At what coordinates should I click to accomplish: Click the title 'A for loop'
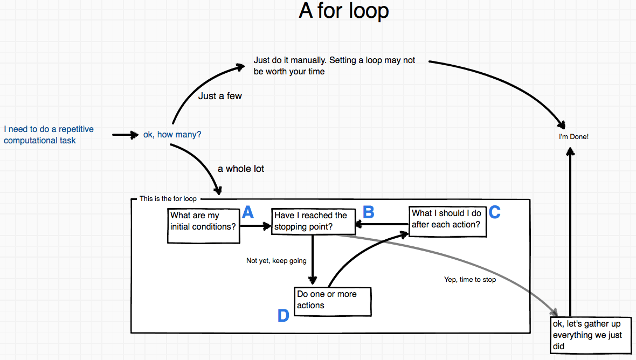coord(344,11)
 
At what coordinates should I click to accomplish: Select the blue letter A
coord(247,212)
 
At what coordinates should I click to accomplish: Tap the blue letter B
coord(368,212)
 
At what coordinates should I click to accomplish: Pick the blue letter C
coord(495,212)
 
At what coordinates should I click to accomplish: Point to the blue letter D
coord(284,316)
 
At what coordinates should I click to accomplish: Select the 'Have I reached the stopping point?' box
coord(313,221)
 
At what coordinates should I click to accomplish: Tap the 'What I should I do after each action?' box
coord(447,221)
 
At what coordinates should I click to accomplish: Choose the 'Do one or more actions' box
coord(333,301)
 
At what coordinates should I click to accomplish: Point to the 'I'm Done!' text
coord(573,137)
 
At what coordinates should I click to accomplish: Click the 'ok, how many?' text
coord(172,134)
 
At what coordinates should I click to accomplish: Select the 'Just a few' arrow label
coord(220,96)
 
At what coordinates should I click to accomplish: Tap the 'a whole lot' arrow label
coord(241,169)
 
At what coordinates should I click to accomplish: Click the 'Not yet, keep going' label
coord(276,261)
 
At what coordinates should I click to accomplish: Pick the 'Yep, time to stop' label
coord(470,280)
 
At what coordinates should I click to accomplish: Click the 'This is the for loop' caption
coord(168,199)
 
